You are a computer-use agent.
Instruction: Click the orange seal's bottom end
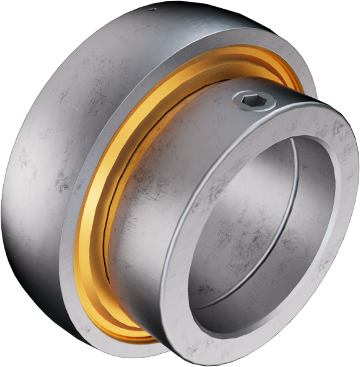(144, 336)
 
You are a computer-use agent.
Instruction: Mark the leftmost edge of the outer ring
(3, 206)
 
